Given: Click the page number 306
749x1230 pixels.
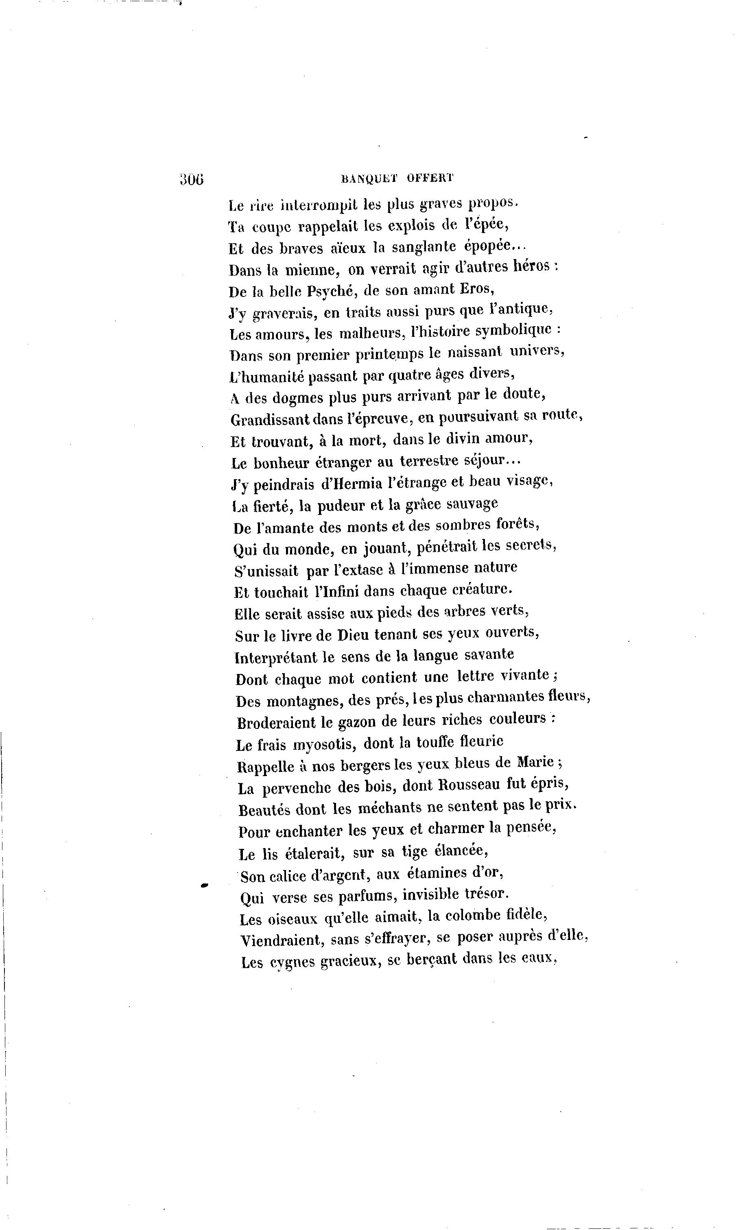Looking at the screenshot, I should pos(192,179).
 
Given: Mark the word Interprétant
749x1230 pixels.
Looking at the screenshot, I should pos(275,657).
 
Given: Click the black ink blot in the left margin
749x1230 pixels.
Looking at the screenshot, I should pos(204,886).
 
